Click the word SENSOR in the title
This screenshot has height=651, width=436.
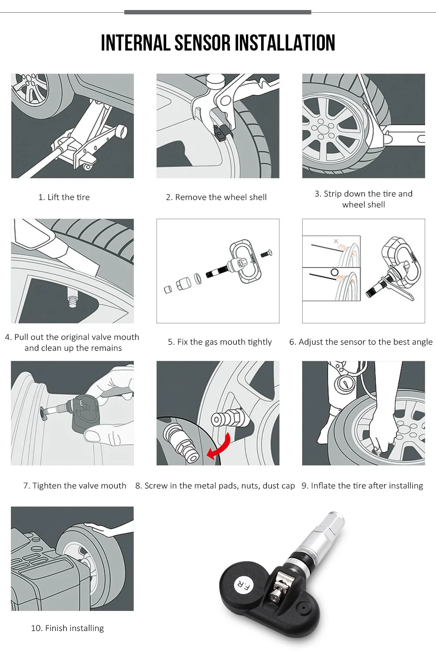click(202, 43)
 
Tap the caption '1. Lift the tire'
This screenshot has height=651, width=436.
click(64, 197)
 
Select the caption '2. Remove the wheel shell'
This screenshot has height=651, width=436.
click(216, 197)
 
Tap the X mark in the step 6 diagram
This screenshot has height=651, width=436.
click(336, 241)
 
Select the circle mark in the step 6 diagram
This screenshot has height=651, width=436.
click(334, 272)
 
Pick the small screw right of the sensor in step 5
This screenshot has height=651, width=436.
click(266, 254)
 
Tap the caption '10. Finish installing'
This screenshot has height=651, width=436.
click(68, 628)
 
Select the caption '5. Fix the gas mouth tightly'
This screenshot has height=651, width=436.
click(220, 342)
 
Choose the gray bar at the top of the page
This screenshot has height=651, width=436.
click(218, 12)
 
